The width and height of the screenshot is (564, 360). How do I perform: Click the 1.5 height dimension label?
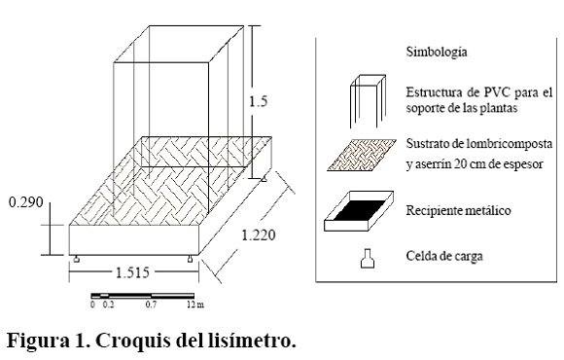[x=259, y=101]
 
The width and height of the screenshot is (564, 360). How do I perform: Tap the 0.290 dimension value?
[x=26, y=202]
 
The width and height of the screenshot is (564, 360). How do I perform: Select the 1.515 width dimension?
[x=132, y=272]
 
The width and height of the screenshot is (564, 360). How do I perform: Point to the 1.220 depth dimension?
[x=259, y=235]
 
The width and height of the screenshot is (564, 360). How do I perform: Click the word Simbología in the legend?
[x=437, y=53]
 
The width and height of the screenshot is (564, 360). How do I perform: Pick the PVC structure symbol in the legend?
[x=368, y=101]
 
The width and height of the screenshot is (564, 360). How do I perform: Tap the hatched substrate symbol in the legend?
[x=362, y=155]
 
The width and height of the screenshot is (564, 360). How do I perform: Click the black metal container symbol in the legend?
[x=359, y=211]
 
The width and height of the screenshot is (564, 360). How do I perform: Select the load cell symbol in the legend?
[x=368, y=259]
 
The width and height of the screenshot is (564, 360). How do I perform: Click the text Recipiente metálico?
[x=458, y=210]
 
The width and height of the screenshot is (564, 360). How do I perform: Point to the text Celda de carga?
[x=444, y=256]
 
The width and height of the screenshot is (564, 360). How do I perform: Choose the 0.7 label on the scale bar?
[x=151, y=305]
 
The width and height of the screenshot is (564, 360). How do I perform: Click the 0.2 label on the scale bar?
[x=108, y=305]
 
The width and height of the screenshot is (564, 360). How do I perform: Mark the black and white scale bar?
[x=142, y=296]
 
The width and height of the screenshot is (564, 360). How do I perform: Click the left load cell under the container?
[x=76, y=259]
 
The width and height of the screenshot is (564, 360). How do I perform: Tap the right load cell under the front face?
[x=190, y=259]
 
